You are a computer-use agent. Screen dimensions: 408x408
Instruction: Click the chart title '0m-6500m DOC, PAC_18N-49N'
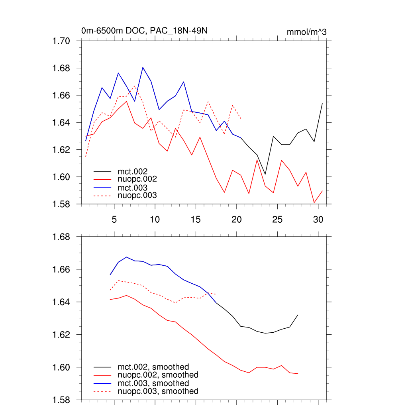coord(145,31)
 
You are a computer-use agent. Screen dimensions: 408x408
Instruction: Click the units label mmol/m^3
coord(306,32)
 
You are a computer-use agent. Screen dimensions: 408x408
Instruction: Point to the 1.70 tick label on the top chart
coord(62,41)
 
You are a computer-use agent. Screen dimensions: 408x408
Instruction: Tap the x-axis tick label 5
coord(114,220)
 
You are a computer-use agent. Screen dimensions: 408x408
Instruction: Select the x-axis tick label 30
coord(318,220)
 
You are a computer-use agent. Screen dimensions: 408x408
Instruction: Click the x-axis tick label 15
coord(195,220)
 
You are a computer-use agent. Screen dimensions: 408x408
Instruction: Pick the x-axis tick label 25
coord(277,220)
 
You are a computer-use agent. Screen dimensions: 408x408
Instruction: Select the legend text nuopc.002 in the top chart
coord(137,180)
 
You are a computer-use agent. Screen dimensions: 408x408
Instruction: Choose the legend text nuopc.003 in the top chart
coord(137,196)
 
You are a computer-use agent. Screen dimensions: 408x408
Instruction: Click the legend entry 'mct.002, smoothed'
coord(153,367)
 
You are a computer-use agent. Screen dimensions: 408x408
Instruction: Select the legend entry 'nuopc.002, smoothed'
coord(158,375)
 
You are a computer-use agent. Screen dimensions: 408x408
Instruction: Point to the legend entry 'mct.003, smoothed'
coord(153,383)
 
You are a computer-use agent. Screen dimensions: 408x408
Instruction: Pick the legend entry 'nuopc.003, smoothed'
coord(158,391)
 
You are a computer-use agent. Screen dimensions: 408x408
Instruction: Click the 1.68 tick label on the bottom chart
coord(62,237)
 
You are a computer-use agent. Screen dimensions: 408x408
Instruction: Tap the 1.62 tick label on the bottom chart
coord(62,335)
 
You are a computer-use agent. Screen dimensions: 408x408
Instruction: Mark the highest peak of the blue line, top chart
coord(143,67)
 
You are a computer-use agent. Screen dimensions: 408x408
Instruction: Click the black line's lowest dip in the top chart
coord(265,175)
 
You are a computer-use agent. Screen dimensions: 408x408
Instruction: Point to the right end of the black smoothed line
coord(298,315)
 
